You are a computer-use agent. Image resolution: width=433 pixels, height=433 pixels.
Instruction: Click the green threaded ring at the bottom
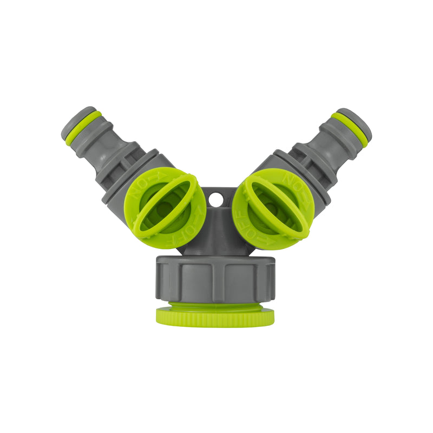[x=215, y=316]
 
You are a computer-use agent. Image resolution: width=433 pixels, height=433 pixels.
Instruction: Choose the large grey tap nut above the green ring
[x=215, y=279]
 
